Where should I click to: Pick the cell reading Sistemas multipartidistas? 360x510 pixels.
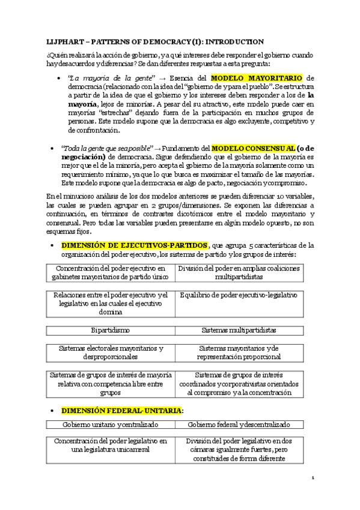(239, 330)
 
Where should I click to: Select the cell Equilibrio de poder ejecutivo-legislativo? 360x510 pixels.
(239, 295)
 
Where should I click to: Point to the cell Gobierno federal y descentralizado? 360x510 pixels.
(239, 425)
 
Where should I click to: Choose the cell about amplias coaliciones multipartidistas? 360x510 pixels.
(239, 272)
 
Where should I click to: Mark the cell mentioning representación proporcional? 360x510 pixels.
(239, 352)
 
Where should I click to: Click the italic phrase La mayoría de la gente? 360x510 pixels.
(99, 78)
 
